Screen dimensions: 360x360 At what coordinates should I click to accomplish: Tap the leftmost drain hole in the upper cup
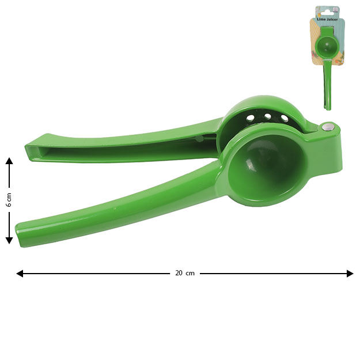[250, 118]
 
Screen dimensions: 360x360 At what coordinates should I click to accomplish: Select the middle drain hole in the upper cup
[267, 116]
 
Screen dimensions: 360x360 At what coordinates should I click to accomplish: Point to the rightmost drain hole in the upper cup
[285, 118]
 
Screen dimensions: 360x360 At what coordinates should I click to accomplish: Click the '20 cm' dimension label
[185, 273]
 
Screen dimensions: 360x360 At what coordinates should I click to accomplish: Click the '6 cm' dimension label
[9, 200]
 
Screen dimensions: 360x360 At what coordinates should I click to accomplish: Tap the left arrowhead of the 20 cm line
[20, 274]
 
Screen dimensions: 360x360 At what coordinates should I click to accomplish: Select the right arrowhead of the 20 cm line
[350, 274]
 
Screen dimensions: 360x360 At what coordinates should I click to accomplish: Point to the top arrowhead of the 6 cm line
[9, 161]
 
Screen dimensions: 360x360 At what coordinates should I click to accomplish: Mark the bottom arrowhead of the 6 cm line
[9, 240]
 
